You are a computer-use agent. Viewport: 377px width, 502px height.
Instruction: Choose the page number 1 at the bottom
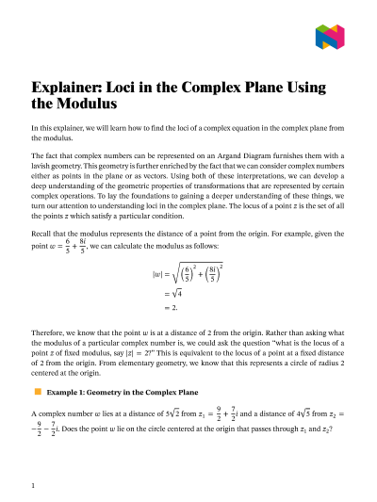[34, 485]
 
